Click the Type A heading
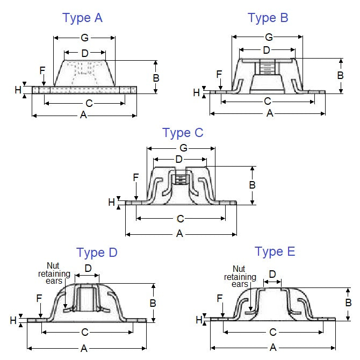[82, 18]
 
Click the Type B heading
[268, 18]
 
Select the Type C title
[183, 133]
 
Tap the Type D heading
[97, 253]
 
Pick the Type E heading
[275, 251]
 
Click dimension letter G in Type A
[84, 38]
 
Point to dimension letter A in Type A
[84, 114]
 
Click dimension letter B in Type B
[340, 75]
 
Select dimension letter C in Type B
[267, 101]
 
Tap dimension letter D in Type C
[179, 160]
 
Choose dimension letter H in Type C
[111, 202]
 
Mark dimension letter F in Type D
[39, 298]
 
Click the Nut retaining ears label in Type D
[58, 274]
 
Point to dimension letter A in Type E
[273, 347]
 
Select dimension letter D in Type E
[272, 275]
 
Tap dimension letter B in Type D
[153, 303]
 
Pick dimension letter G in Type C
[183, 148]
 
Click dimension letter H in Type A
[18, 90]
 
